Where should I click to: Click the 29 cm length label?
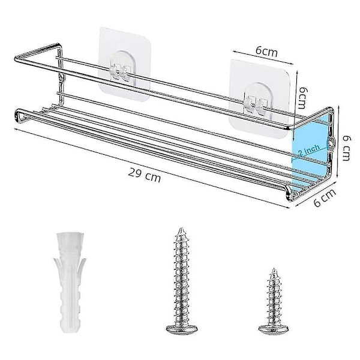pyautogui.click(x=145, y=175)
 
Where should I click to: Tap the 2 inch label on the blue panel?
pyautogui.click(x=309, y=149)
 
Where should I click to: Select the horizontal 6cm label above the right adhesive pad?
pyautogui.click(x=266, y=52)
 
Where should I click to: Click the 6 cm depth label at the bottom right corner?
pyautogui.click(x=325, y=197)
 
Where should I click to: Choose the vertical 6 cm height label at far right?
pyautogui.click(x=346, y=148)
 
